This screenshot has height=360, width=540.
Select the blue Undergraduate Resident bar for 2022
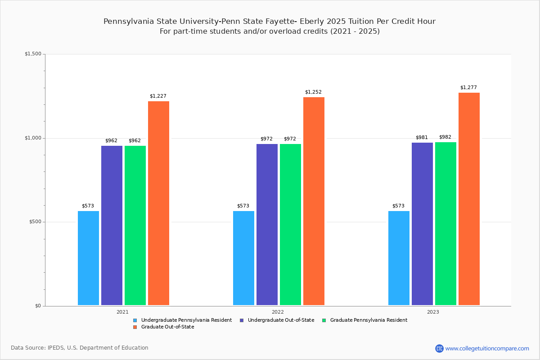(x=243, y=258)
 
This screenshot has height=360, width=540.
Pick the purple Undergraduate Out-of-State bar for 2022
(x=267, y=225)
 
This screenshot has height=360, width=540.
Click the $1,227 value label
(x=158, y=96)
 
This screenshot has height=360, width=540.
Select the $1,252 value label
(x=313, y=92)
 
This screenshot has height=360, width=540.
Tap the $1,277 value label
(x=468, y=88)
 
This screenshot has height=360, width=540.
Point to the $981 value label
(x=422, y=138)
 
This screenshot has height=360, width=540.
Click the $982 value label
(x=445, y=137)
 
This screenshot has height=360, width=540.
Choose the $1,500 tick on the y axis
(x=33, y=54)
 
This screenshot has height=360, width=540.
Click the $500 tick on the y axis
(x=35, y=222)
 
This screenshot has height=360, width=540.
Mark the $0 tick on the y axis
(x=38, y=306)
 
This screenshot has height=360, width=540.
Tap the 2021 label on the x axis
(x=122, y=312)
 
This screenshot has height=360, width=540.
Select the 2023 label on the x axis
(x=433, y=312)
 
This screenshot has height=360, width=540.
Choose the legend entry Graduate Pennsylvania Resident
(x=368, y=320)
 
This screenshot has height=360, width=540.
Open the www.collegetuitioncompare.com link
(x=487, y=348)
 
